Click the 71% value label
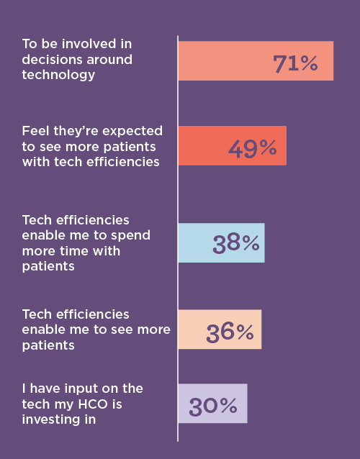(295, 63)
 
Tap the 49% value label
(252, 148)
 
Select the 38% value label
(235, 243)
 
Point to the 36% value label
(230, 332)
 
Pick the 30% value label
(212, 406)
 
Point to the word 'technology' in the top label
(58, 74)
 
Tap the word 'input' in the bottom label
(77, 388)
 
